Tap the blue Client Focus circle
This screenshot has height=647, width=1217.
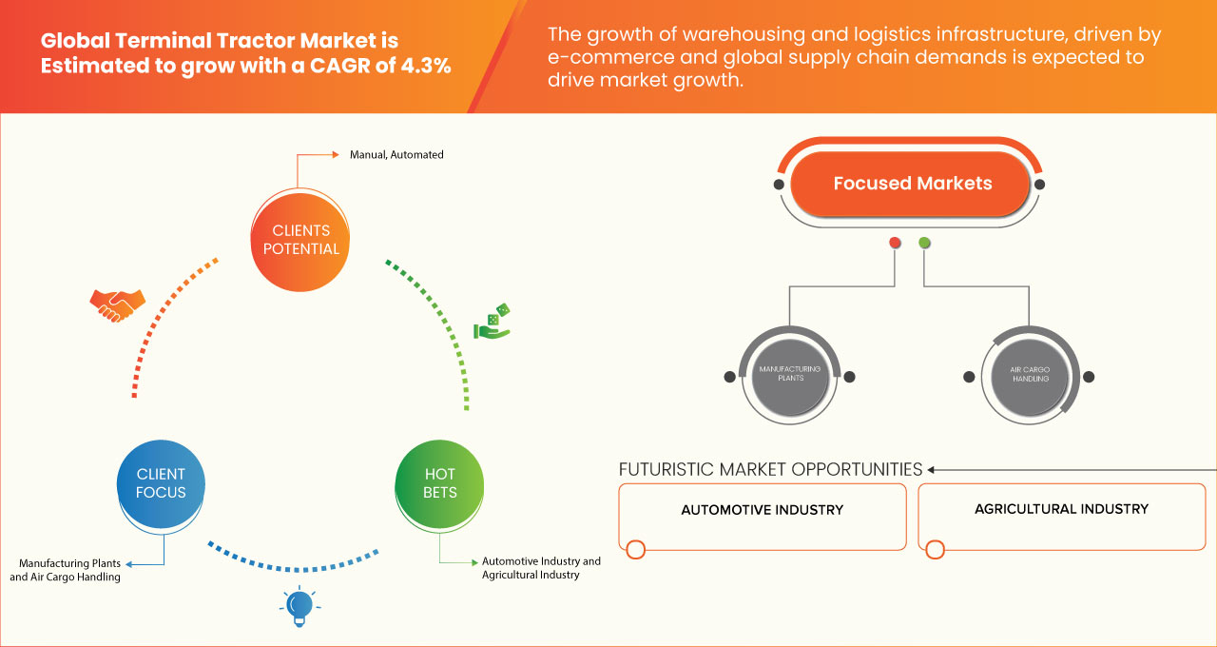click(161, 482)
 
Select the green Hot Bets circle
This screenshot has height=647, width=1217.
click(439, 482)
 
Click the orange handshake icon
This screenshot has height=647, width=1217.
click(117, 304)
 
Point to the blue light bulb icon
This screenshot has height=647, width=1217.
click(299, 605)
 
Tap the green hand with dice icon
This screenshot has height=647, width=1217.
click(493, 323)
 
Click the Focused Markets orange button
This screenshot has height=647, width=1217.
click(912, 184)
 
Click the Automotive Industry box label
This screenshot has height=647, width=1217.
click(762, 510)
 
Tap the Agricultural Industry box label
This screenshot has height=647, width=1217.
click(1061, 509)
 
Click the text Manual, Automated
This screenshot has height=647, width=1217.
click(396, 154)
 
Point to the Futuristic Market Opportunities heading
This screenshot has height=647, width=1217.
click(770, 469)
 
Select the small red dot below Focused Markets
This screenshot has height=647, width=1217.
click(895, 243)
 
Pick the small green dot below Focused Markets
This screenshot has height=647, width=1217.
click(925, 243)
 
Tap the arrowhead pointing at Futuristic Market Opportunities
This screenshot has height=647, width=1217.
click(932, 469)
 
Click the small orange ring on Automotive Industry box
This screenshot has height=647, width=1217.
click(636, 549)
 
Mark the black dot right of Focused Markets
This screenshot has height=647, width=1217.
click(1040, 184)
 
